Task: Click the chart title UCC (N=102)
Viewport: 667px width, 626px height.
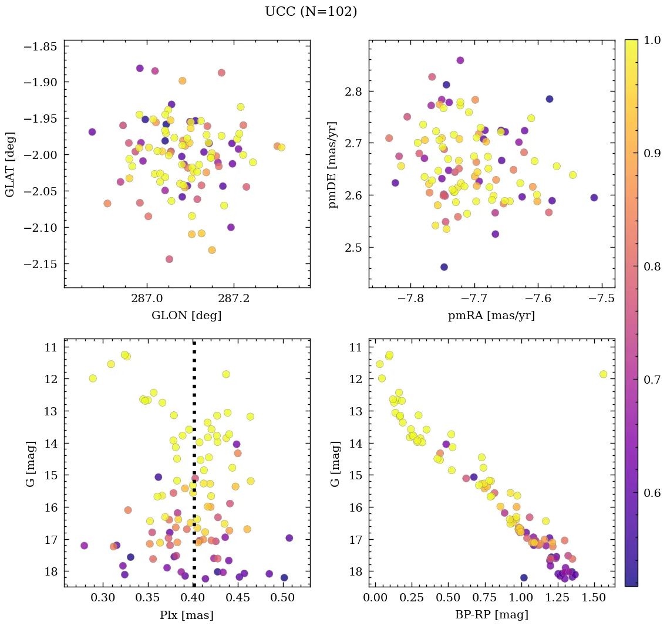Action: click(311, 12)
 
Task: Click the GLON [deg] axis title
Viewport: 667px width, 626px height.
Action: click(187, 316)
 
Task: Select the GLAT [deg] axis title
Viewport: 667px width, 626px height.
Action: click(10, 164)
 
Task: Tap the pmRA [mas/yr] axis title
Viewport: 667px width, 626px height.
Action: click(491, 316)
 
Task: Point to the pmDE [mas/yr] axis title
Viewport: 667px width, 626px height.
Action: click(333, 164)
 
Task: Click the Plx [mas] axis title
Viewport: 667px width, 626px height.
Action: click(187, 615)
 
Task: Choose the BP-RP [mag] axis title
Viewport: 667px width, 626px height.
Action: click(491, 615)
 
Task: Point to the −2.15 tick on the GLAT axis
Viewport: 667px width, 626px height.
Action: click(41, 264)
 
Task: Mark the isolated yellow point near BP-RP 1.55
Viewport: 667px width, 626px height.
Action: click(603, 374)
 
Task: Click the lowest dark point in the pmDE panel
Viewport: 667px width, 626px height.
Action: click(444, 267)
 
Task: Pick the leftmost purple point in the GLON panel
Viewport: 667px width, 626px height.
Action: click(92, 132)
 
